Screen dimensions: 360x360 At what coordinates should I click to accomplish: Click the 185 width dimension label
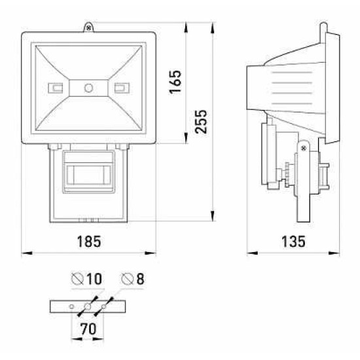click(89, 242)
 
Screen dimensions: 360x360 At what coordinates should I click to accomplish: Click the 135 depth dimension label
click(293, 242)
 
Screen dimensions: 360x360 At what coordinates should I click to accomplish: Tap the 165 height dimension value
click(175, 82)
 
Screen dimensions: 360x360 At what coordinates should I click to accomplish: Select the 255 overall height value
click(201, 122)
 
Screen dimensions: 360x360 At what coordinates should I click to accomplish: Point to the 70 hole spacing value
click(88, 329)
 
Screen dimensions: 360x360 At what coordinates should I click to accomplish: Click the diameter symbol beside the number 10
click(77, 279)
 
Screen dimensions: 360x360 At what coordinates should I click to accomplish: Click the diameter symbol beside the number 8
click(128, 279)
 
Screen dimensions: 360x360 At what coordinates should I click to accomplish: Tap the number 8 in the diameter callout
click(140, 279)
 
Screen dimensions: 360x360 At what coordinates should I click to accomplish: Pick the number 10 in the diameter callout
click(94, 279)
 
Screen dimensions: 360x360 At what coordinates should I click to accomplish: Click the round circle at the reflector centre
click(88, 88)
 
